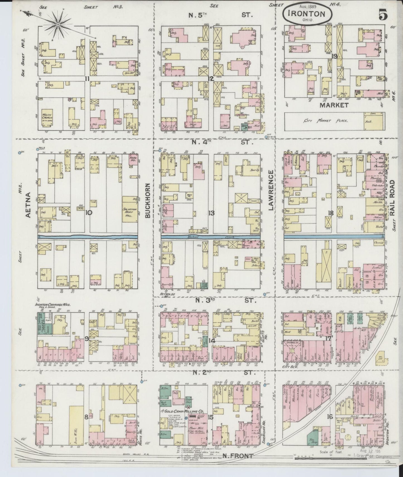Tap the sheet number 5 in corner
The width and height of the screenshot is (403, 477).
pos(383,15)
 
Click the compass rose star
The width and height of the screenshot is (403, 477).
pos(58,25)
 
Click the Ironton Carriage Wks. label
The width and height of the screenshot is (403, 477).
pos(52,305)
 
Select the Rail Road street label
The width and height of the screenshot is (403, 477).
pos(393,198)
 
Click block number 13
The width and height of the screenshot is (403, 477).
pos(211,213)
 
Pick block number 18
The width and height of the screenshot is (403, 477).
pos(331,213)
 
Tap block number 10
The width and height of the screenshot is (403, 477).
pos(89,213)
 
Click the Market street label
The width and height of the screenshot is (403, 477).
pos(334,105)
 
